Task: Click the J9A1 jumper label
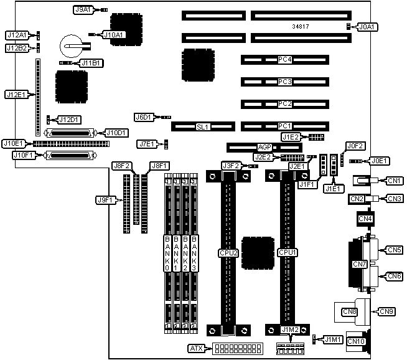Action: tap(83, 10)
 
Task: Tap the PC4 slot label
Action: tap(285, 60)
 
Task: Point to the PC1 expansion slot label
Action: tap(285, 126)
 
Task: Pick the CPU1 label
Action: tap(287, 253)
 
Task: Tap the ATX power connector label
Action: tap(197, 347)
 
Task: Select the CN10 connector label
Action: tap(355, 341)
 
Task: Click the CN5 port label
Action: tap(394, 250)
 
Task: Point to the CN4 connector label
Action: tap(365, 219)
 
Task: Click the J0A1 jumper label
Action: tap(367, 27)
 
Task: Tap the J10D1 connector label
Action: tap(116, 133)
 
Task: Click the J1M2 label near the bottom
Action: tap(290, 329)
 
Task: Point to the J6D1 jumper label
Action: tap(144, 116)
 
